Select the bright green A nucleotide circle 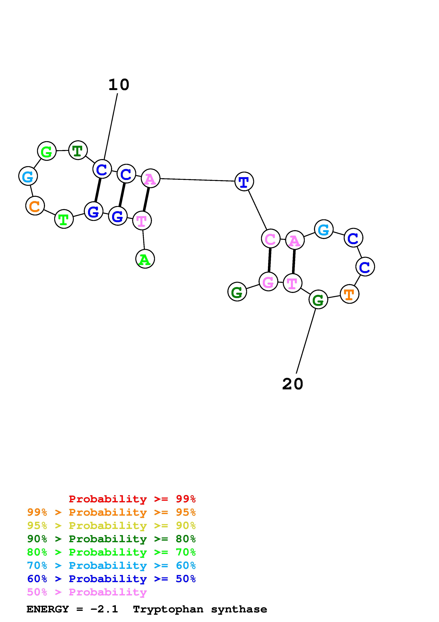pyautogui.click(x=145, y=259)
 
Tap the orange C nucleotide pyautogui.click(x=35, y=206)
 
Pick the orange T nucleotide pyautogui.click(x=349, y=294)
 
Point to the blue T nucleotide pyautogui.click(x=244, y=182)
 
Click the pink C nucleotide pyautogui.click(x=270, y=238)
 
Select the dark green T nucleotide pyautogui.click(x=78, y=150)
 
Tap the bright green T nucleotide pyautogui.click(x=64, y=219)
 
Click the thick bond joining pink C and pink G pyautogui.click(x=269, y=260)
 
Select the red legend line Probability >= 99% pyautogui.click(x=132, y=499)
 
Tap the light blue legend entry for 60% pyautogui.click(x=111, y=566)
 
